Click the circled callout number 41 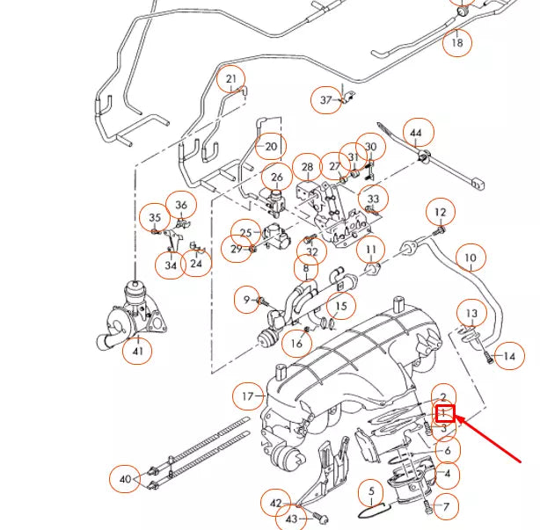[137, 352]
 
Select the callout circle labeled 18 [457, 41]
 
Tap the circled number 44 [417, 133]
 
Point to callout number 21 [231, 80]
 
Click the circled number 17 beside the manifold [247, 397]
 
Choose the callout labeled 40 [126, 479]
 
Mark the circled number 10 [471, 258]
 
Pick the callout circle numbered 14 [508, 356]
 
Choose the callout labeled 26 [277, 178]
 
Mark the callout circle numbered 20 [271, 146]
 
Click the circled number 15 [342, 308]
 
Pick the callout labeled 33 [374, 200]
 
